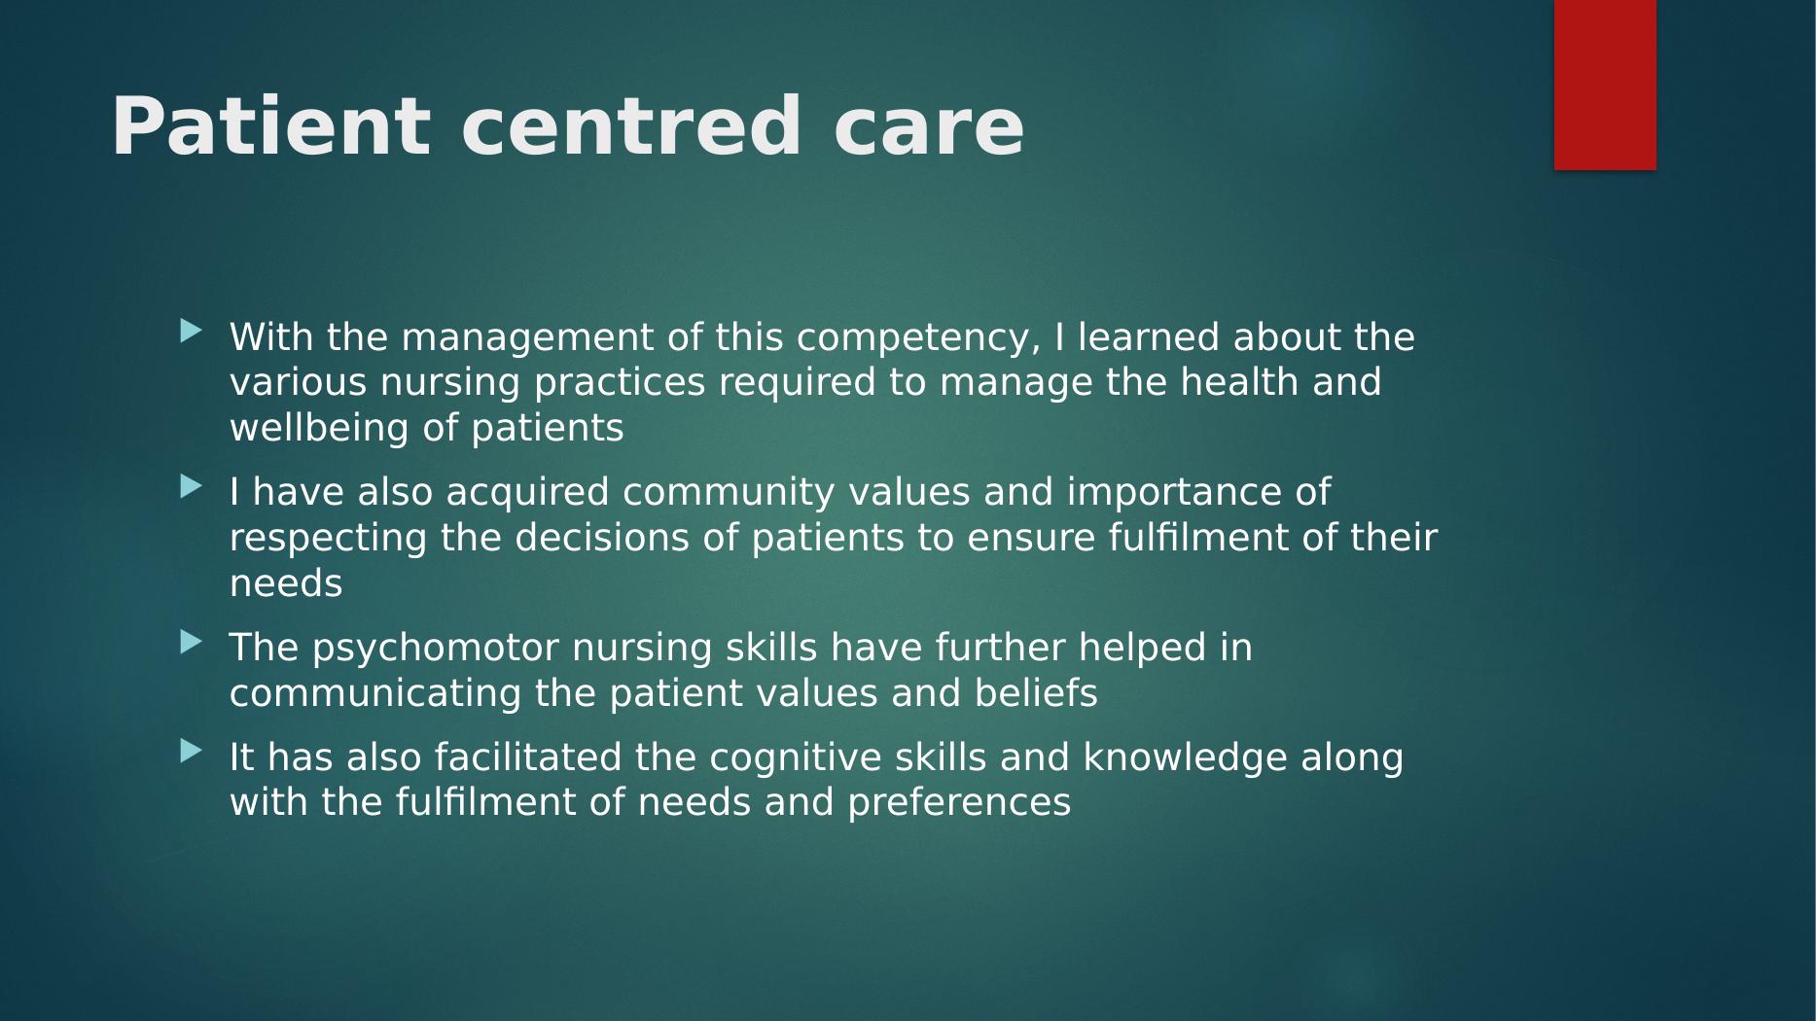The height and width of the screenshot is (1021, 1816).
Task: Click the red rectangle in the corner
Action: [x=1605, y=85]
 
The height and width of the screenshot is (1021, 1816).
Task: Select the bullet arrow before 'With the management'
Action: [x=192, y=332]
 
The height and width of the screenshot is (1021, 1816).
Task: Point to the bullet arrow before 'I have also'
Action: [x=192, y=486]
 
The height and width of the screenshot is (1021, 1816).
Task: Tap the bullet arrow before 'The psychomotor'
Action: [x=192, y=642]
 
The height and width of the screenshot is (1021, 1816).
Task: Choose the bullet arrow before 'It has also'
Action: [x=192, y=751]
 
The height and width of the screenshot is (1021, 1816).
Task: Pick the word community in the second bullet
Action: [x=729, y=493]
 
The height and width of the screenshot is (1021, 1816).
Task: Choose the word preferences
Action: [x=959, y=804]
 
